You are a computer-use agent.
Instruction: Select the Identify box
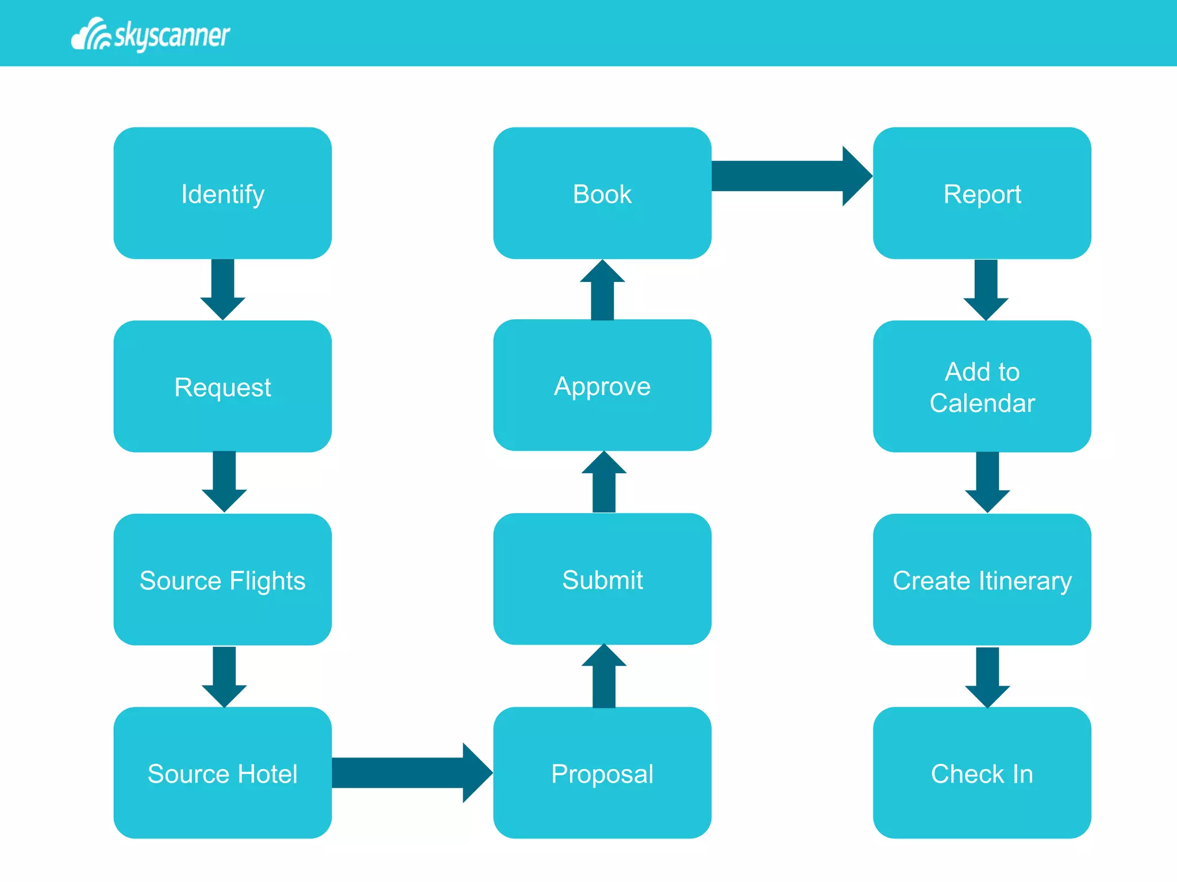coord(222,194)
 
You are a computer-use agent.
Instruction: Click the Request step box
coord(222,386)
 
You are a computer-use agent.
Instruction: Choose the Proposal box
coord(602,773)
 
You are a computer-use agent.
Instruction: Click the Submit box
coord(602,579)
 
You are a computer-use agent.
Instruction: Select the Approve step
coord(602,386)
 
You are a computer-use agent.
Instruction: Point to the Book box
coord(602,194)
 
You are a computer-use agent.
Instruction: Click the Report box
coord(982,194)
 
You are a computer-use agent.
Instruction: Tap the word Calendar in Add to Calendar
coord(982,403)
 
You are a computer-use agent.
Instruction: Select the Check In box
coord(982,773)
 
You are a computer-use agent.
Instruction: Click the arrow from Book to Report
coord(790,176)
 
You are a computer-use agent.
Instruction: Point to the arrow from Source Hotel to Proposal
coord(411,772)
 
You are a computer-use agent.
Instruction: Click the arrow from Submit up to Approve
coord(603,482)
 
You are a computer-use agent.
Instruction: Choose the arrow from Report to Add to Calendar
coord(986,289)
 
